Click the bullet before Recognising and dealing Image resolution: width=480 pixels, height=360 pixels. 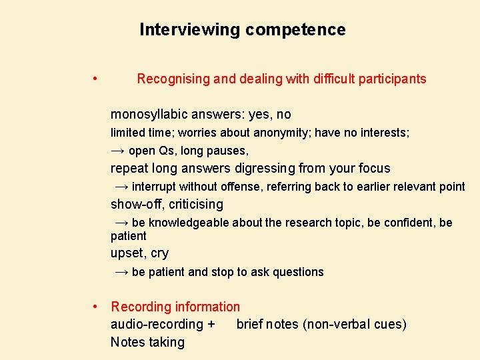pos(97,79)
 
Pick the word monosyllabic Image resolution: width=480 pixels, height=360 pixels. pos(149,115)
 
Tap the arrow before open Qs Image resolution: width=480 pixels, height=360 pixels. pos(117,151)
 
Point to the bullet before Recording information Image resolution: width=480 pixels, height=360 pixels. pos(97,307)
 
